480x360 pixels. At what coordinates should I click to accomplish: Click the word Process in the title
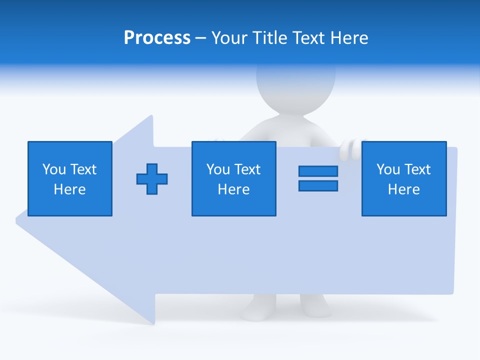pos(157,38)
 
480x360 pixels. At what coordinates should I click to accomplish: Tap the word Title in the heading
pos(270,38)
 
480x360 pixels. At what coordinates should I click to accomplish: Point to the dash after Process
pos(200,38)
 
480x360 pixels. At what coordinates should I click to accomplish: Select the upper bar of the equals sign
pos(318,171)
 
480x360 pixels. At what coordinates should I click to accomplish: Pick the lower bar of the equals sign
pos(318,185)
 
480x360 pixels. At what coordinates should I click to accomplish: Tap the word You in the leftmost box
pos(54,169)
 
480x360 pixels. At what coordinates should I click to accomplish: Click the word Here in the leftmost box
pos(69,189)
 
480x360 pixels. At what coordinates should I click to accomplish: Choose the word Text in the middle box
pos(246,169)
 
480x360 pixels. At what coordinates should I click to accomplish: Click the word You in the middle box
pos(218,169)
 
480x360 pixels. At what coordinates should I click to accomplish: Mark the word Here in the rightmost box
pos(403,189)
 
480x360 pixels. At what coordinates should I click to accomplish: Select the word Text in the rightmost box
pos(416,169)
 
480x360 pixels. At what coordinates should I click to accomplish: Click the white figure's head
pos(295,85)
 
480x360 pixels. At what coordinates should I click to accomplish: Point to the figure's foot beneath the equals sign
pos(315,305)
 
